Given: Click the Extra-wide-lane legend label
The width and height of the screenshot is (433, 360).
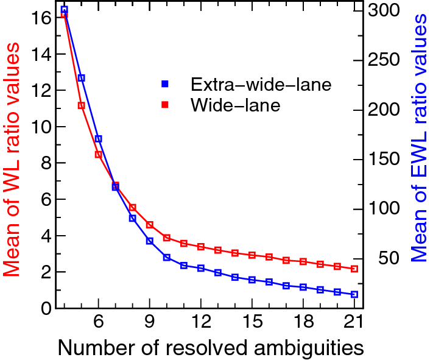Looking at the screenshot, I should coord(261,84).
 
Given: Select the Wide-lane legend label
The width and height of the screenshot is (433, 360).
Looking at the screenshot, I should coord(235,105).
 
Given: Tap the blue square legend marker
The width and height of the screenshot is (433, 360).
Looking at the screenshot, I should coord(164,84).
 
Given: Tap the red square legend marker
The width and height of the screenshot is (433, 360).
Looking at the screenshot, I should coord(164,105).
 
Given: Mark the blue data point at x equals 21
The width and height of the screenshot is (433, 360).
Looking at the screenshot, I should coord(354,294).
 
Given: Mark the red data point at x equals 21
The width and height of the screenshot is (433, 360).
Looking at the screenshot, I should coord(354,269).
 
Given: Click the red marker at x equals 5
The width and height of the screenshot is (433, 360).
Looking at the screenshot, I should coord(81,105).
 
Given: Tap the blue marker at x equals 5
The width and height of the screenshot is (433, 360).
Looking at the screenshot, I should coord(81,78).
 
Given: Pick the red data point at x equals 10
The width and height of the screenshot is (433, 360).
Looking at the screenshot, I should coord(166,238).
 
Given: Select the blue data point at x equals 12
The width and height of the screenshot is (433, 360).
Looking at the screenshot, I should coord(200,268).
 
